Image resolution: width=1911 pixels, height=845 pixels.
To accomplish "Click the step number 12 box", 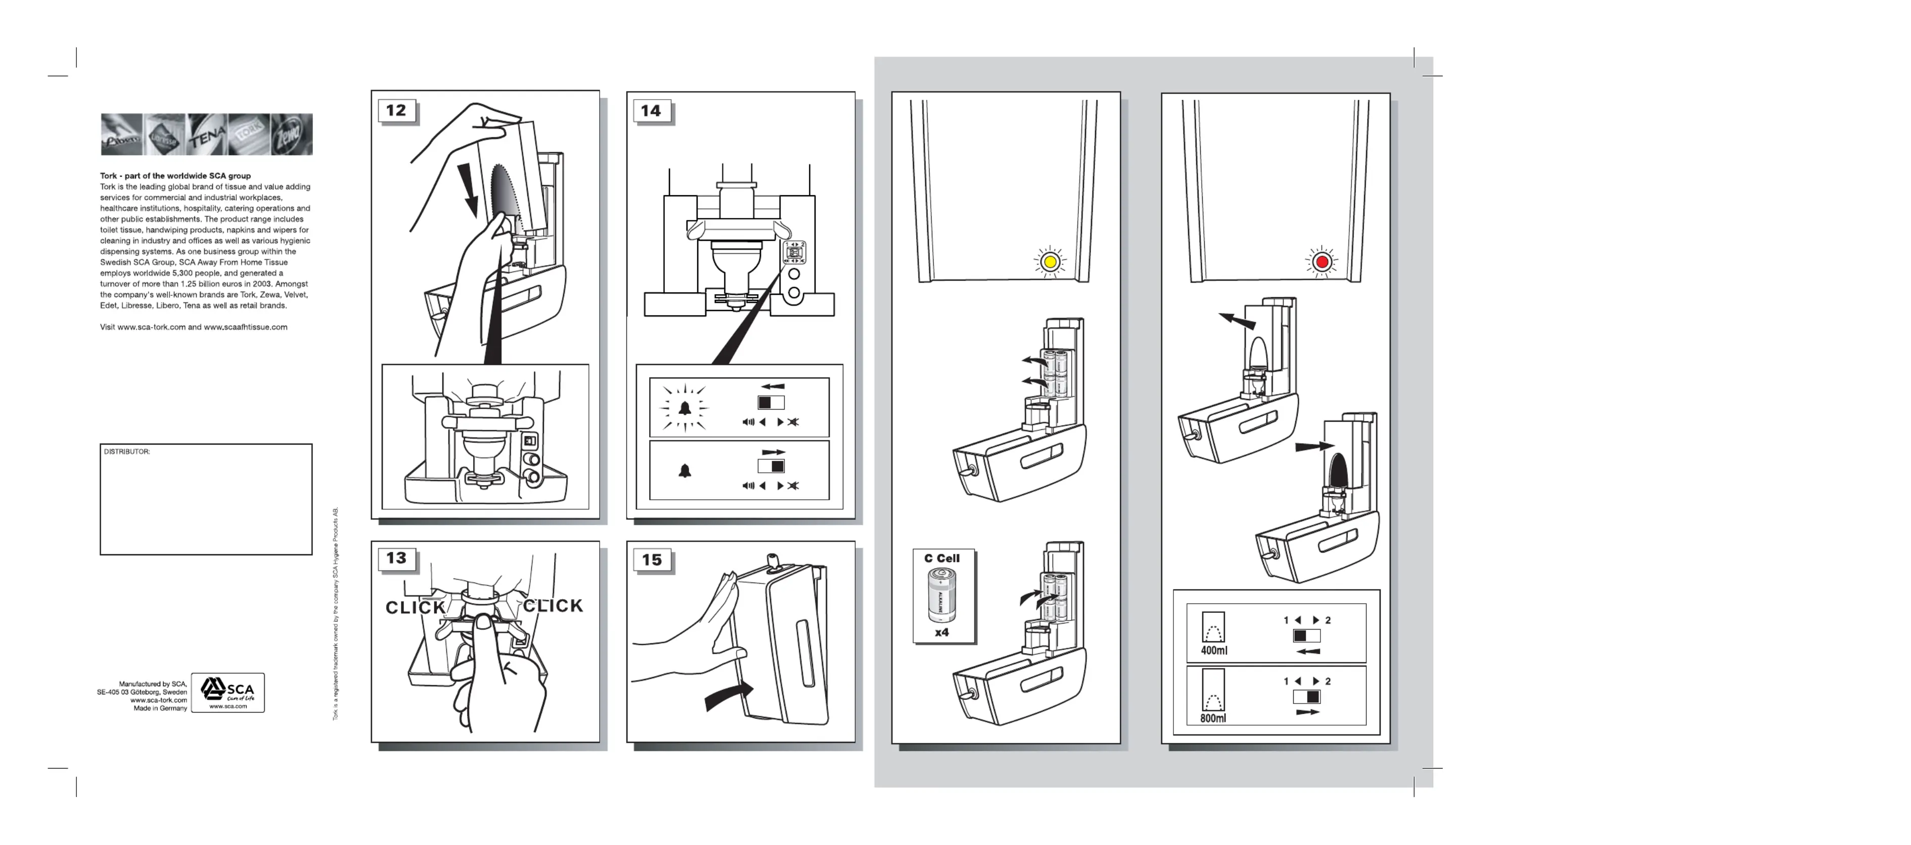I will [x=396, y=111].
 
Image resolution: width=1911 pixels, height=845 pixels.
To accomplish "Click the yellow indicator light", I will [x=1049, y=262].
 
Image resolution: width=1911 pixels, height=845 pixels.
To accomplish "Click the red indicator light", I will [x=1321, y=262].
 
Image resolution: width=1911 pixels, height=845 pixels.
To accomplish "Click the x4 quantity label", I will [x=941, y=633].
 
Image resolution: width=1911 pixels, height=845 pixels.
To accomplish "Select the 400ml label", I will [x=1214, y=651].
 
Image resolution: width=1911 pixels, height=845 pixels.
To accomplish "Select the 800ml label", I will [x=1213, y=718].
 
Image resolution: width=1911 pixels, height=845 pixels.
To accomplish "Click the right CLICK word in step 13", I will [x=554, y=606].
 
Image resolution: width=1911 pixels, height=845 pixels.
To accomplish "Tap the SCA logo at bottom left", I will [x=227, y=692].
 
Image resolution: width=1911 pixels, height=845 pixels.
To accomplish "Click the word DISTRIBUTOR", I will [x=127, y=452].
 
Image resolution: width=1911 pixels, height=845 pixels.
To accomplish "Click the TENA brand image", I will [x=207, y=135].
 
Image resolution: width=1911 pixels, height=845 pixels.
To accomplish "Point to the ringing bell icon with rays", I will [x=685, y=408].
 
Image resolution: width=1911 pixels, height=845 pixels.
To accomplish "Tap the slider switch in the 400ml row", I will [x=1306, y=636].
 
